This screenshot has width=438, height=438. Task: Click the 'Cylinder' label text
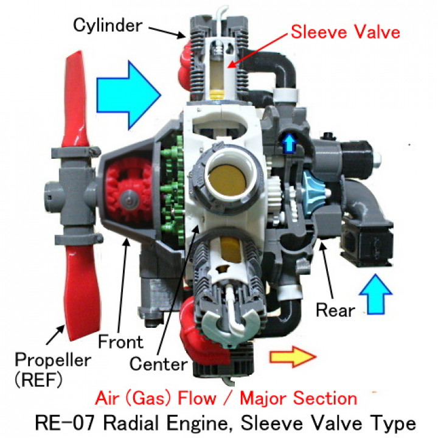coord(106,25)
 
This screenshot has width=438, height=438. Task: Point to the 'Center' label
coord(158,364)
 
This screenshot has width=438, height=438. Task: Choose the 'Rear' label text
coord(335,310)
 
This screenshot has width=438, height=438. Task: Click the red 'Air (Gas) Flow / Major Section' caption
coord(226,399)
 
